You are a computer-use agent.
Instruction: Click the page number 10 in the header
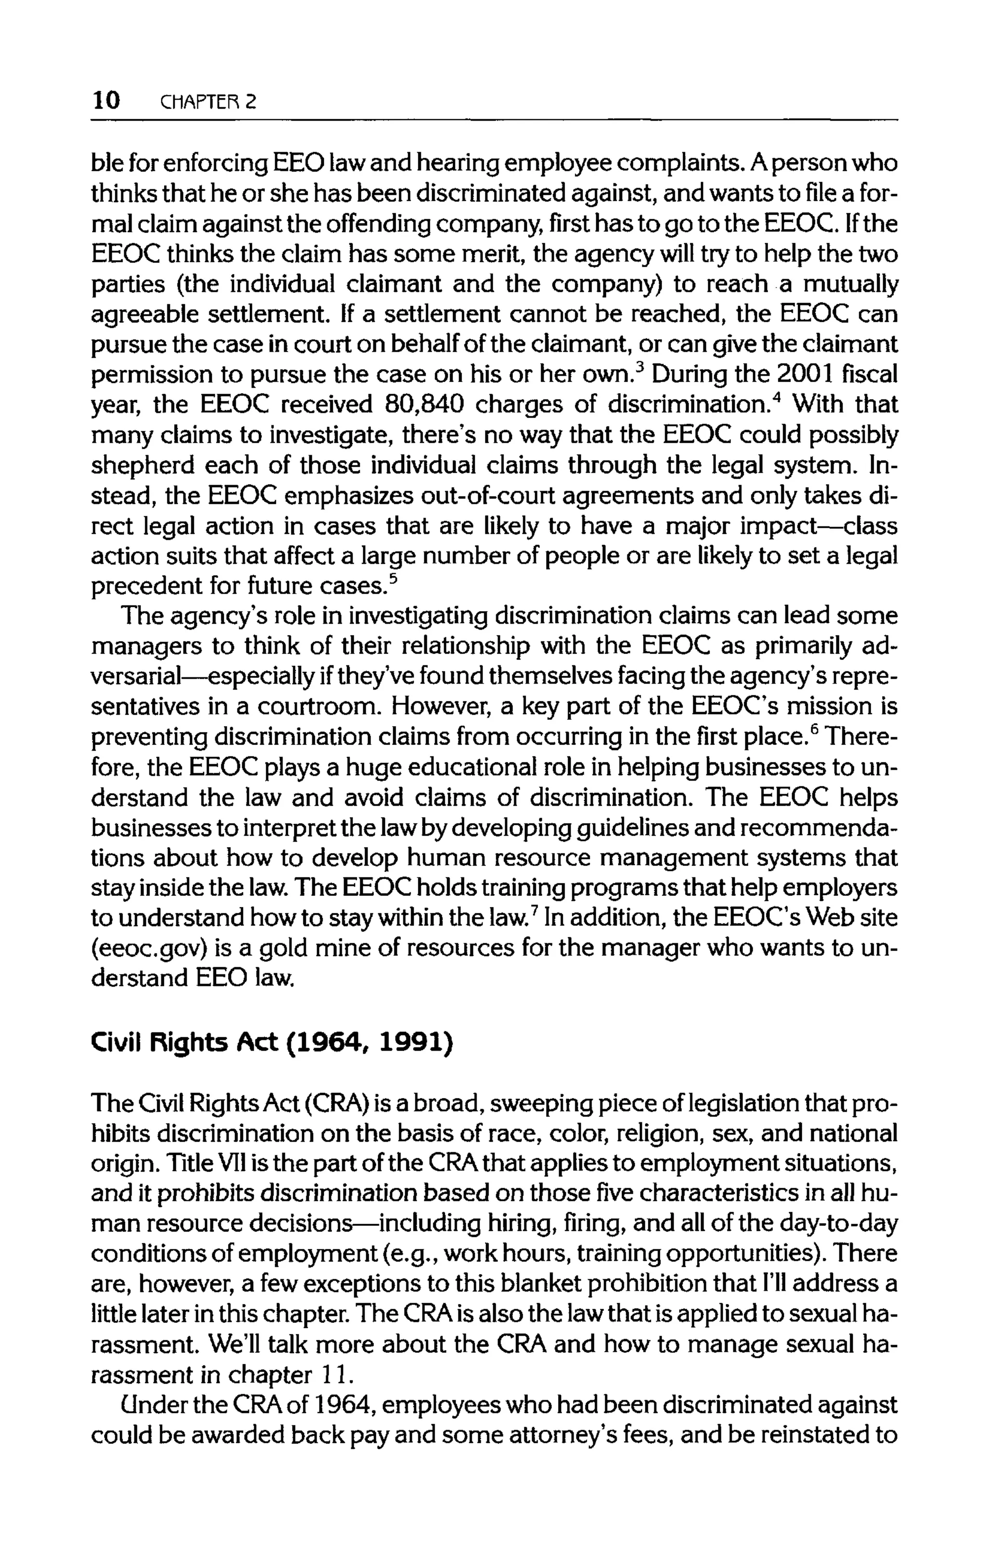tap(106, 100)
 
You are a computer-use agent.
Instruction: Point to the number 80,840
tap(424, 405)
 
